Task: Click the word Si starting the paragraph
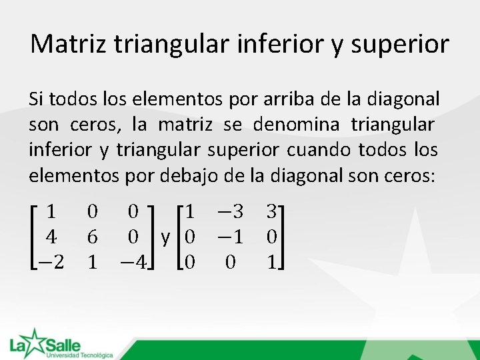click(x=37, y=100)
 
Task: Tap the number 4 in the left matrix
click(x=50, y=237)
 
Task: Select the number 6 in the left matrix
click(x=92, y=237)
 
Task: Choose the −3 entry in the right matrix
click(x=229, y=213)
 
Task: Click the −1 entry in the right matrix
click(x=229, y=237)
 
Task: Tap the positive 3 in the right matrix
click(x=271, y=213)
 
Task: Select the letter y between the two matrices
click(x=166, y=238)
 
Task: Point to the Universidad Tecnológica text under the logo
click(x=79, y=355)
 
